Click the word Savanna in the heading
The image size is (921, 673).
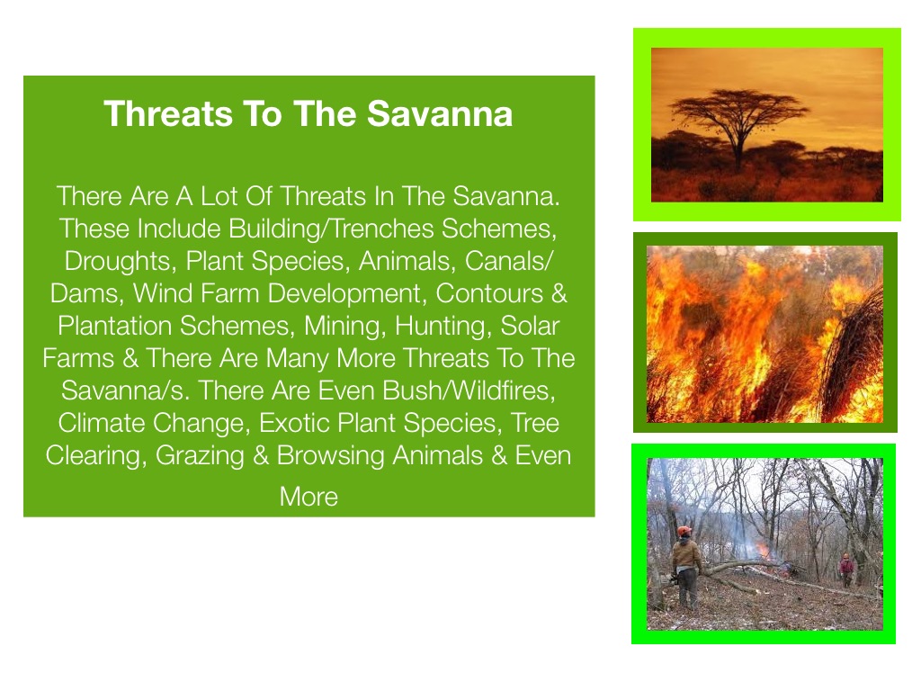[x=440, y=113]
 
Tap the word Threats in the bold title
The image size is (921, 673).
[x=168, y=113]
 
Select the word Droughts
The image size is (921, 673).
[x=117, y=261]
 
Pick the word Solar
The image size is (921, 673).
[x=530, y=326]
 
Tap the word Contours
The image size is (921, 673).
[x=489, y=293]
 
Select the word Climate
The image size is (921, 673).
[x=101, y=423]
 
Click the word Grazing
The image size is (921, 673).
[x=200, y=455]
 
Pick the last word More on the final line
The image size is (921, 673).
[x=308, y=497]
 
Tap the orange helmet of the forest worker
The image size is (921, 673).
[x=684, y=532]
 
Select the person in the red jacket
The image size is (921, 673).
[x=846, y=569]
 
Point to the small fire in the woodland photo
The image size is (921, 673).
[x=764, y=551]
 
